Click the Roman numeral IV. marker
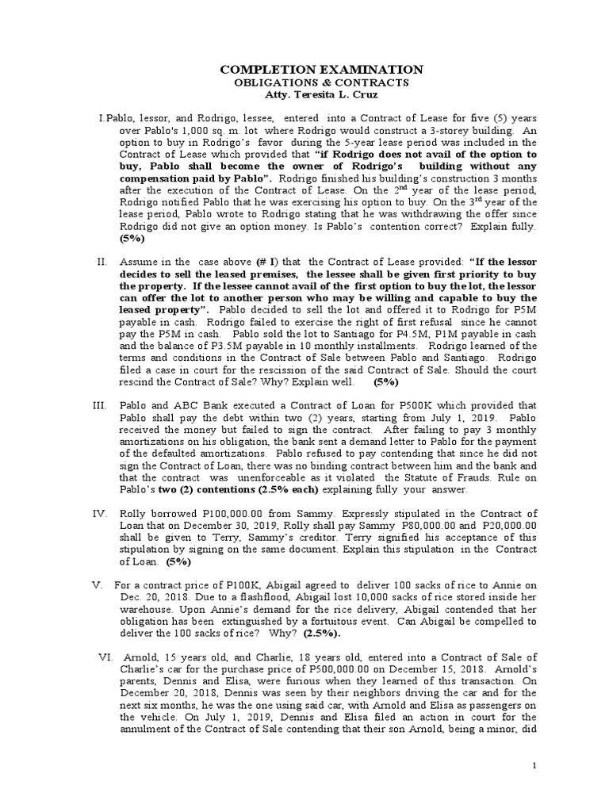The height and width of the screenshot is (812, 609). (99, 515)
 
